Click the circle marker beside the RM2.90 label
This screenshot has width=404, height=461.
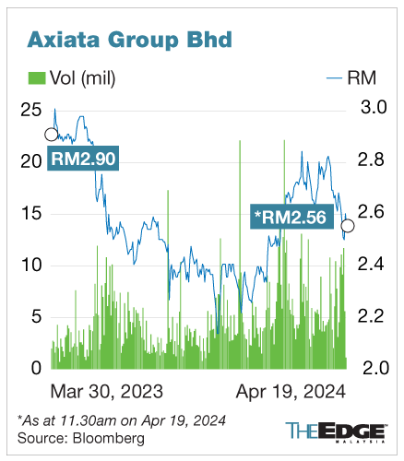51,135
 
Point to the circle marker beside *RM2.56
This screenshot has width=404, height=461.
348,225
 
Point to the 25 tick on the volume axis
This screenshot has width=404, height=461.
30,110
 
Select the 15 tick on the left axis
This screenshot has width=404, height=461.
30,213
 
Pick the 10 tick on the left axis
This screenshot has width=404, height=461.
30,265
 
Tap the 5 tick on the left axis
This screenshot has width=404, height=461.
36,316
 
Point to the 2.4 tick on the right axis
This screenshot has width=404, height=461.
372,265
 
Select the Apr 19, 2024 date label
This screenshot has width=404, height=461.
288,390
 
